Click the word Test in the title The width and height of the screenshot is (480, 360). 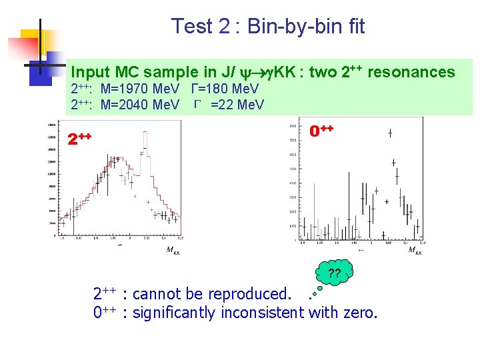tap(191, 27)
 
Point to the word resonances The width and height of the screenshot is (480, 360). tap(411, 72)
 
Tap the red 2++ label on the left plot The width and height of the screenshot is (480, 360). tap(79, 138)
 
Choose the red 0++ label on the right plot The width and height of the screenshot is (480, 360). tap(322, 131)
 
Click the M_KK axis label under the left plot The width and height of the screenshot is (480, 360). tap(173, 251)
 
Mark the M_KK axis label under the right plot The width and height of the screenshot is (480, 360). tap(415, 251)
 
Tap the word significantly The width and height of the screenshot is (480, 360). tap(176, 312)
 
